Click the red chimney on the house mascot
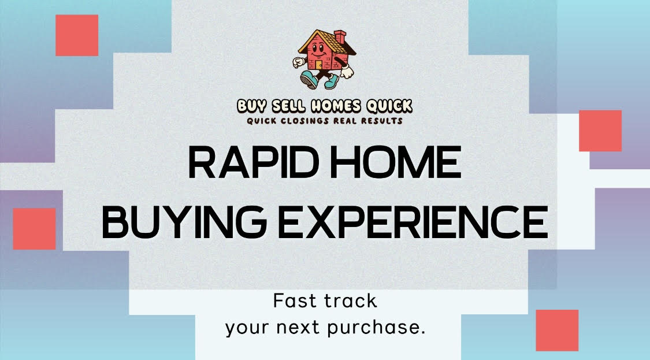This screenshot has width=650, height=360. click(x=340, y=36)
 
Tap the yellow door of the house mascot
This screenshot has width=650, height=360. click(x=318, y=65)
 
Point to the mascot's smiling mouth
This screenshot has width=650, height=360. click(x=318, y=54)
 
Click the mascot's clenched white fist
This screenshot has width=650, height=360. click(x=299, y=62)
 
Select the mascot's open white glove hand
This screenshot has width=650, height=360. click(x=346, y=71)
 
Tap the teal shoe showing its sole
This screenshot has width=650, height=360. click(x=309, y=79)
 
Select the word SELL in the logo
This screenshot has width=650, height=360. click(x=289, y=106)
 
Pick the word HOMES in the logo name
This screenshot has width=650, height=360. click(x=336, y=106)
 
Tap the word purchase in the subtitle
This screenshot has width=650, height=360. click(x=376, y=328)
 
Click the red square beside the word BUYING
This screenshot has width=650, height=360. click(x=35, y=228)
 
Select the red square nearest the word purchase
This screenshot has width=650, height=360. click(x=557, y=330)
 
